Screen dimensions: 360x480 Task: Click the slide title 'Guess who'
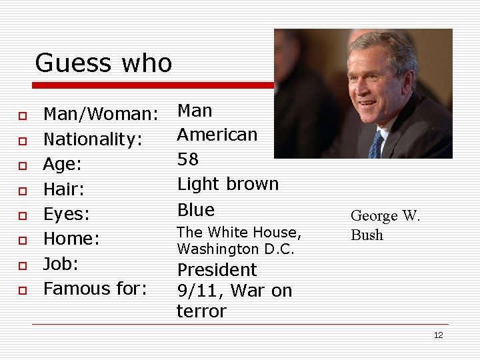103,63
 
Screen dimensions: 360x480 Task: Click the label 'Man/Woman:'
100,114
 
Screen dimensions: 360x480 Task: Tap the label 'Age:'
62,164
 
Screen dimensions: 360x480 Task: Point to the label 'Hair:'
63,189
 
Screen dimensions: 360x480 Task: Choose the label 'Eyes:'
67,214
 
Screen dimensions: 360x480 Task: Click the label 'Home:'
71,239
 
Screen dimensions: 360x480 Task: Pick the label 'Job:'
61,264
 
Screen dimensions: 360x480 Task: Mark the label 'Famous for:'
95,289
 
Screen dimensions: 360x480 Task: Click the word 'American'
217,135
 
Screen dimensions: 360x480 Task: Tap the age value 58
189,159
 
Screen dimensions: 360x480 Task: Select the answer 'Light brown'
227,184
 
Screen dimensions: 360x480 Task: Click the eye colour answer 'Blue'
195,209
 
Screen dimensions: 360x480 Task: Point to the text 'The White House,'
239,233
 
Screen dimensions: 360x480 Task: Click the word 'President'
216,270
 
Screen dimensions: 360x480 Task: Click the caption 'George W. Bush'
385,225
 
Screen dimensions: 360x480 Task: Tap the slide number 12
438,335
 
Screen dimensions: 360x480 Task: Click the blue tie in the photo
376,144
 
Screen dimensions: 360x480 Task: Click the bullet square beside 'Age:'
22,165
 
